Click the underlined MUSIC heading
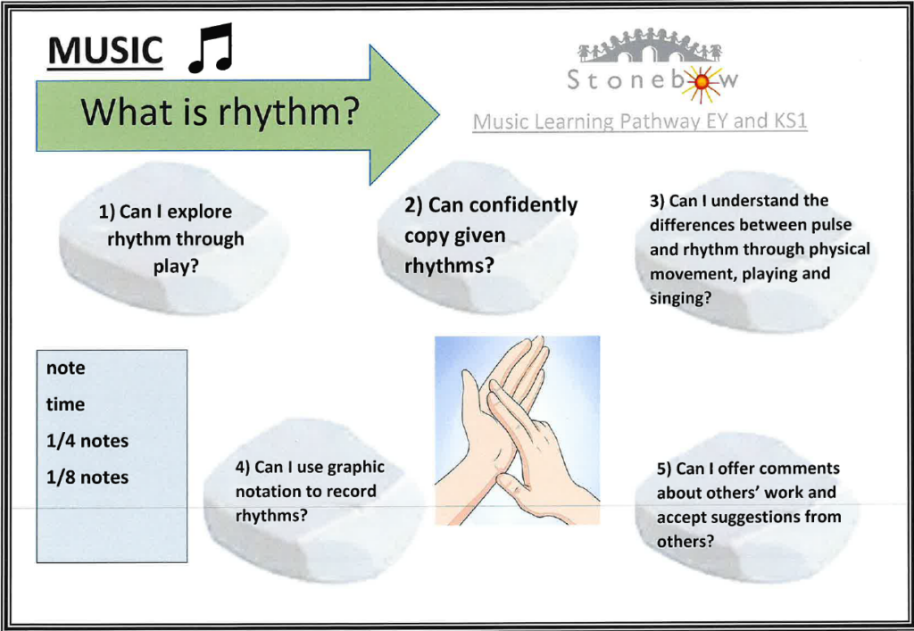(x=105, y=51)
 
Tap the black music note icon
(x=211, y=48)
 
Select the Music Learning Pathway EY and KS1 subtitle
(x=639, y=121)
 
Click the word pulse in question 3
(x=832, y=225)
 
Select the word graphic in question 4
(x=355, y=468)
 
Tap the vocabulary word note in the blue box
(x=65, y=369)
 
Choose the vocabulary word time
(x=65, y=403)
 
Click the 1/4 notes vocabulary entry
(x=87, y=441)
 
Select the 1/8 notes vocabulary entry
(x=87, y=477)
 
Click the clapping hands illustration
(x=517, y=430)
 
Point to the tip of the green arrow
(x=439, y=114)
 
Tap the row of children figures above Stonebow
(x=650, y=46)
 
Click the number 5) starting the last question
(x=664, y=469)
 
